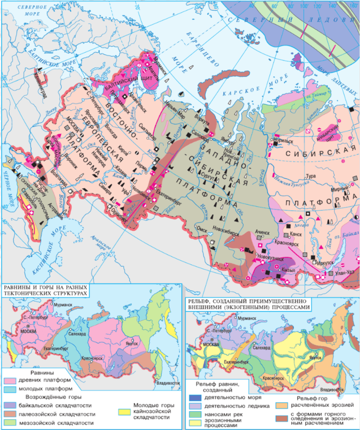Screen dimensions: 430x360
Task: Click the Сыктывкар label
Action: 148,127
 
